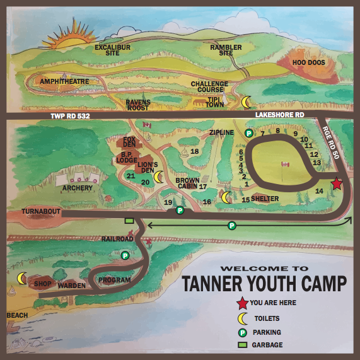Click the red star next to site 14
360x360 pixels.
pos(337,183)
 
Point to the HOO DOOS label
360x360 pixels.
pos(308,62)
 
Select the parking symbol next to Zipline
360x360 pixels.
pos(249,133)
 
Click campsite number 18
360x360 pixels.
pos(194,151)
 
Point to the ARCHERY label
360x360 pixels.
pos(78,188)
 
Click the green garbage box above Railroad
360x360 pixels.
pos(129,221)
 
